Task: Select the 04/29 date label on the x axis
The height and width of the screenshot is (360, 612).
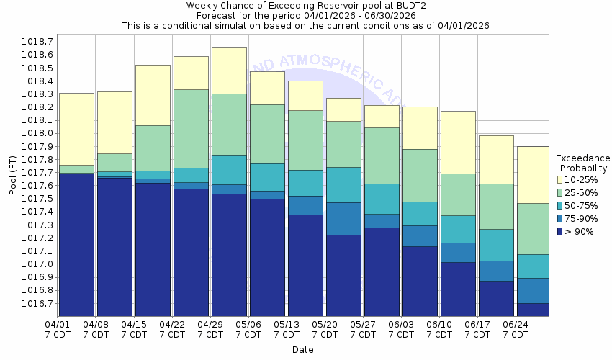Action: click(210, 324)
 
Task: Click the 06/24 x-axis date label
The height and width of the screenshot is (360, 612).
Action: click(516, 324)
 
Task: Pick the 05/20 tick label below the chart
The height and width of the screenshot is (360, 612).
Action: click(325, 324)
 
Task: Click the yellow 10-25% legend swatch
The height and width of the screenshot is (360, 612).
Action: click(559, 179)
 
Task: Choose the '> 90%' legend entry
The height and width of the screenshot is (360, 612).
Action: click(579, 231)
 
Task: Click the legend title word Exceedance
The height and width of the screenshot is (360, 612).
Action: click(582, 158)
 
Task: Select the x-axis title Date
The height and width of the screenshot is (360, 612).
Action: click(302, 350)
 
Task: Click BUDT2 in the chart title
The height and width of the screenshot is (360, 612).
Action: click(409, 5)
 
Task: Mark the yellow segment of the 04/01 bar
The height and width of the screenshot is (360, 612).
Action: click(76, 129)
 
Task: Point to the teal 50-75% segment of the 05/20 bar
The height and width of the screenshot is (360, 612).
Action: click(343, 184)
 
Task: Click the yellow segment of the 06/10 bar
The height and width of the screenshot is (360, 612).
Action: click(458, 142)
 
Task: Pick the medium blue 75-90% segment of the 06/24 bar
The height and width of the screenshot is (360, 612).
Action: click(533, 290)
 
